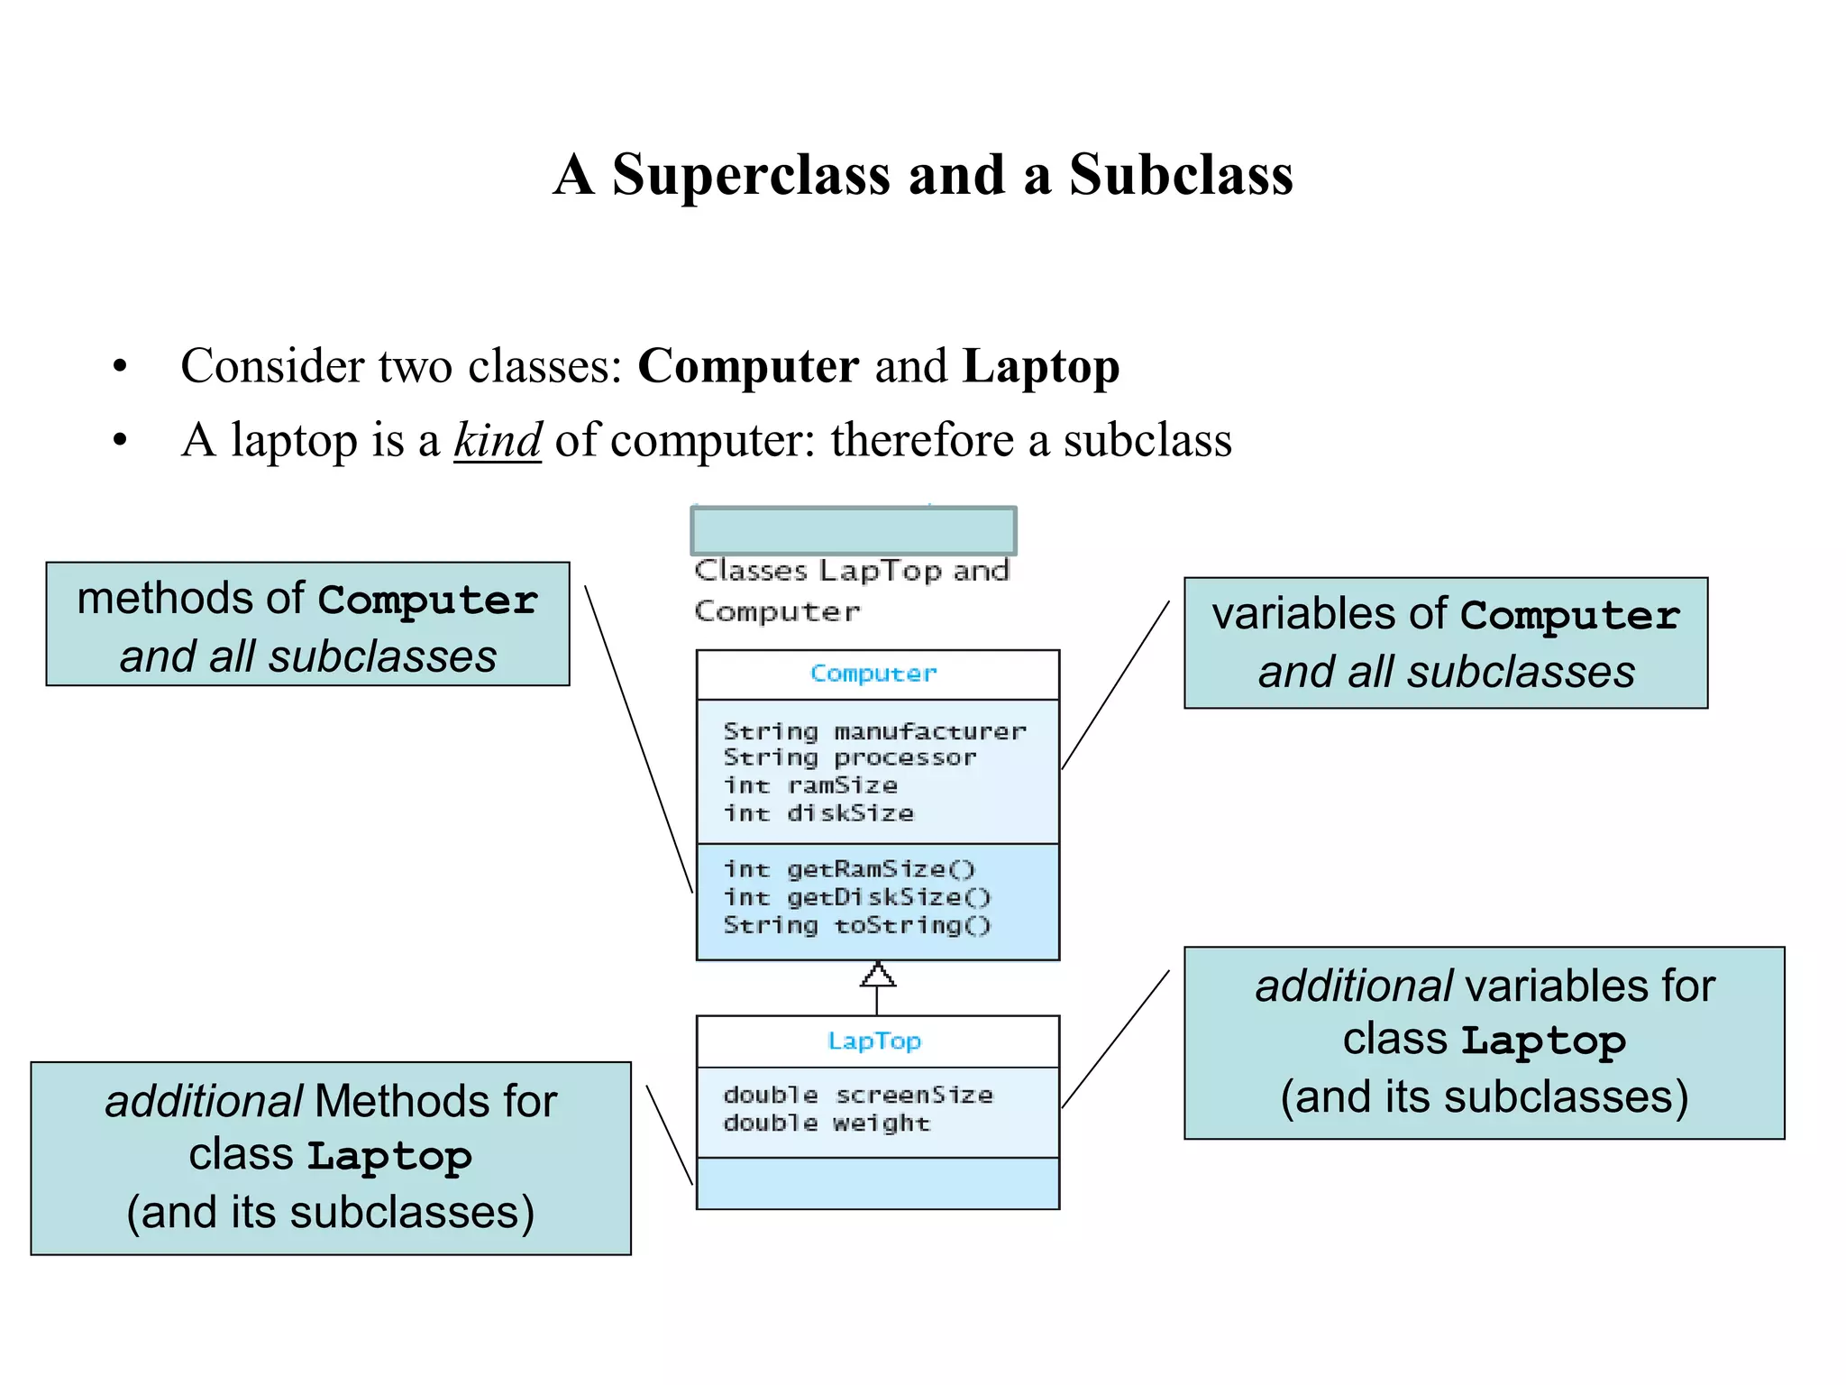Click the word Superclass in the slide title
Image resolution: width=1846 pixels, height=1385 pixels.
point(752,174)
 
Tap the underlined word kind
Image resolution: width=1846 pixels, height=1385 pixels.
point(498,441)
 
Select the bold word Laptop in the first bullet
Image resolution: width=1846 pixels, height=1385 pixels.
point(1040,367)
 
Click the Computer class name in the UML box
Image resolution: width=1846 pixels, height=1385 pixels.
point(873,674)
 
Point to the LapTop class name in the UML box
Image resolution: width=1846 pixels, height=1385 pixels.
point(874,1041)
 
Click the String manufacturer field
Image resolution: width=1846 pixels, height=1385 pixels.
point(874,730)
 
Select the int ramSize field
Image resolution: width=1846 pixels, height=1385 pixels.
point(810,785)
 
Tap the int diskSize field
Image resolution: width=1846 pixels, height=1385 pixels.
point(818,813)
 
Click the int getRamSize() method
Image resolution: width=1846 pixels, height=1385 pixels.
point(849,869)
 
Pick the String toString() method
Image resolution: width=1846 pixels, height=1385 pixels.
point(857,925)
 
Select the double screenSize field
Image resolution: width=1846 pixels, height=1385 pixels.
point(857,1095)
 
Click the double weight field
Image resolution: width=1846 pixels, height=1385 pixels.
point(827,1123)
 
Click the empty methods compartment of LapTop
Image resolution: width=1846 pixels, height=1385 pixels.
point(877,1183)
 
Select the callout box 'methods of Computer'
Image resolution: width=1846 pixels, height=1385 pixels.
point(307,625)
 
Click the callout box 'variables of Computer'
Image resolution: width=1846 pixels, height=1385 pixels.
point(1445,643)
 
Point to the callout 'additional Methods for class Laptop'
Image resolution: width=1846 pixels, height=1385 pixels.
point(331,1158)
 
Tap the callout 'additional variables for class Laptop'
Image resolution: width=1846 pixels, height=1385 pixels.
point(1484,1042)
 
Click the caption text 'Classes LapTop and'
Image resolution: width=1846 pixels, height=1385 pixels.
point(852,571)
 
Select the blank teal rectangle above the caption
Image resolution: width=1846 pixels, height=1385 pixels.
point(853,530)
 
